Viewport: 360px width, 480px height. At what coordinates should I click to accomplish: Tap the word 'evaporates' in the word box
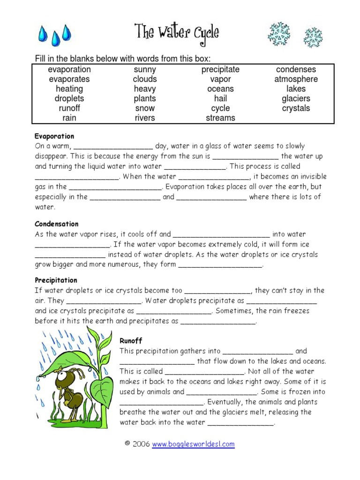[x=69, y=79]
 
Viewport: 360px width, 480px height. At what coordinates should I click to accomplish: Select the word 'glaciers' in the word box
[x=296, y=98]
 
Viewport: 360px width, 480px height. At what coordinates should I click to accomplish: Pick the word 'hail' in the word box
[x=220, y=98]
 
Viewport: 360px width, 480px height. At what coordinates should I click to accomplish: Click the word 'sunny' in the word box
[x=145, y=69]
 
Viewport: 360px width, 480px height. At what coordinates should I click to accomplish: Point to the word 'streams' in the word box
[x=220, y=118]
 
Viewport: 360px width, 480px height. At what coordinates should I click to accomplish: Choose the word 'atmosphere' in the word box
[x=296, y=79]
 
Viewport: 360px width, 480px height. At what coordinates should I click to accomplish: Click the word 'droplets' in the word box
[x=69, y=98]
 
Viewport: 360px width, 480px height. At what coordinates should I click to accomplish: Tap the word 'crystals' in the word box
[x=296, y=108]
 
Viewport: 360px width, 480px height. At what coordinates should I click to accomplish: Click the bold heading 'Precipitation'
[x=56, y=280]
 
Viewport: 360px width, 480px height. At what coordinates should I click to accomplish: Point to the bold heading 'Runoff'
[x=131, y=341]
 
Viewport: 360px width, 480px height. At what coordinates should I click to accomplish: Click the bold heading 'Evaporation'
[x=54, y=136]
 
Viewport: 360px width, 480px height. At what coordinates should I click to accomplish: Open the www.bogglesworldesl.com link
[x=193, y=444]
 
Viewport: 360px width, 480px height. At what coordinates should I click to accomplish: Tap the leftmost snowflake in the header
[x=279, y=34]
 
